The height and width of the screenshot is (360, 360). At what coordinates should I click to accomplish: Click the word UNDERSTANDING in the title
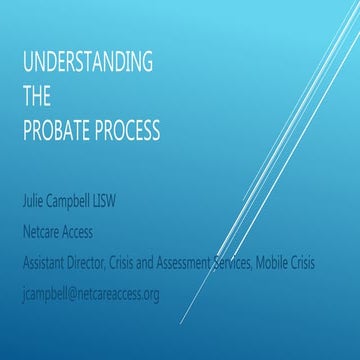coord(88,63)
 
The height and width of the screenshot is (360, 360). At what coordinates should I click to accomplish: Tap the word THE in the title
coord(36,97)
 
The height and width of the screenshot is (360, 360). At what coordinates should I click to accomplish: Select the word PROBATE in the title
coord(59,131)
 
